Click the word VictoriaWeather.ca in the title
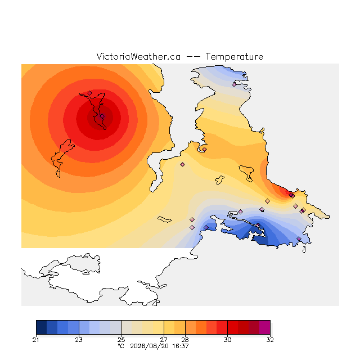coord(138,56)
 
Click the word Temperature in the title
coord(234,56)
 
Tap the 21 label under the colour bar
coord(36,340)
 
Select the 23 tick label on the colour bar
coord(79,340)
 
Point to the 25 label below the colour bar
coord(121,340)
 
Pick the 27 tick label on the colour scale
coord(164,340)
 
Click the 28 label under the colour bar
coord(185,340)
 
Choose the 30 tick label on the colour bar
coord(227,340)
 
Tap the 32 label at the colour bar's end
coord(270,340)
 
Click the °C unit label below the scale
coord(121,346)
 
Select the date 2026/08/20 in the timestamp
coord(148,346)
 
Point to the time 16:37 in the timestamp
coord(181,346)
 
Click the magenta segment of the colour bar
coord(265,327)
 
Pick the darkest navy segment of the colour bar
coord(41,327)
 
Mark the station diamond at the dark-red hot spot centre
coord(102,116)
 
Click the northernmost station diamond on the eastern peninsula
coord(234,84)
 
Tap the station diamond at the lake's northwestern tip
coord(89,93)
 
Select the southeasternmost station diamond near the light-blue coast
coord(299,238)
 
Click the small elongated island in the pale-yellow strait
coord(164,219)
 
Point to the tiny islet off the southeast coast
coord(304,250)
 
